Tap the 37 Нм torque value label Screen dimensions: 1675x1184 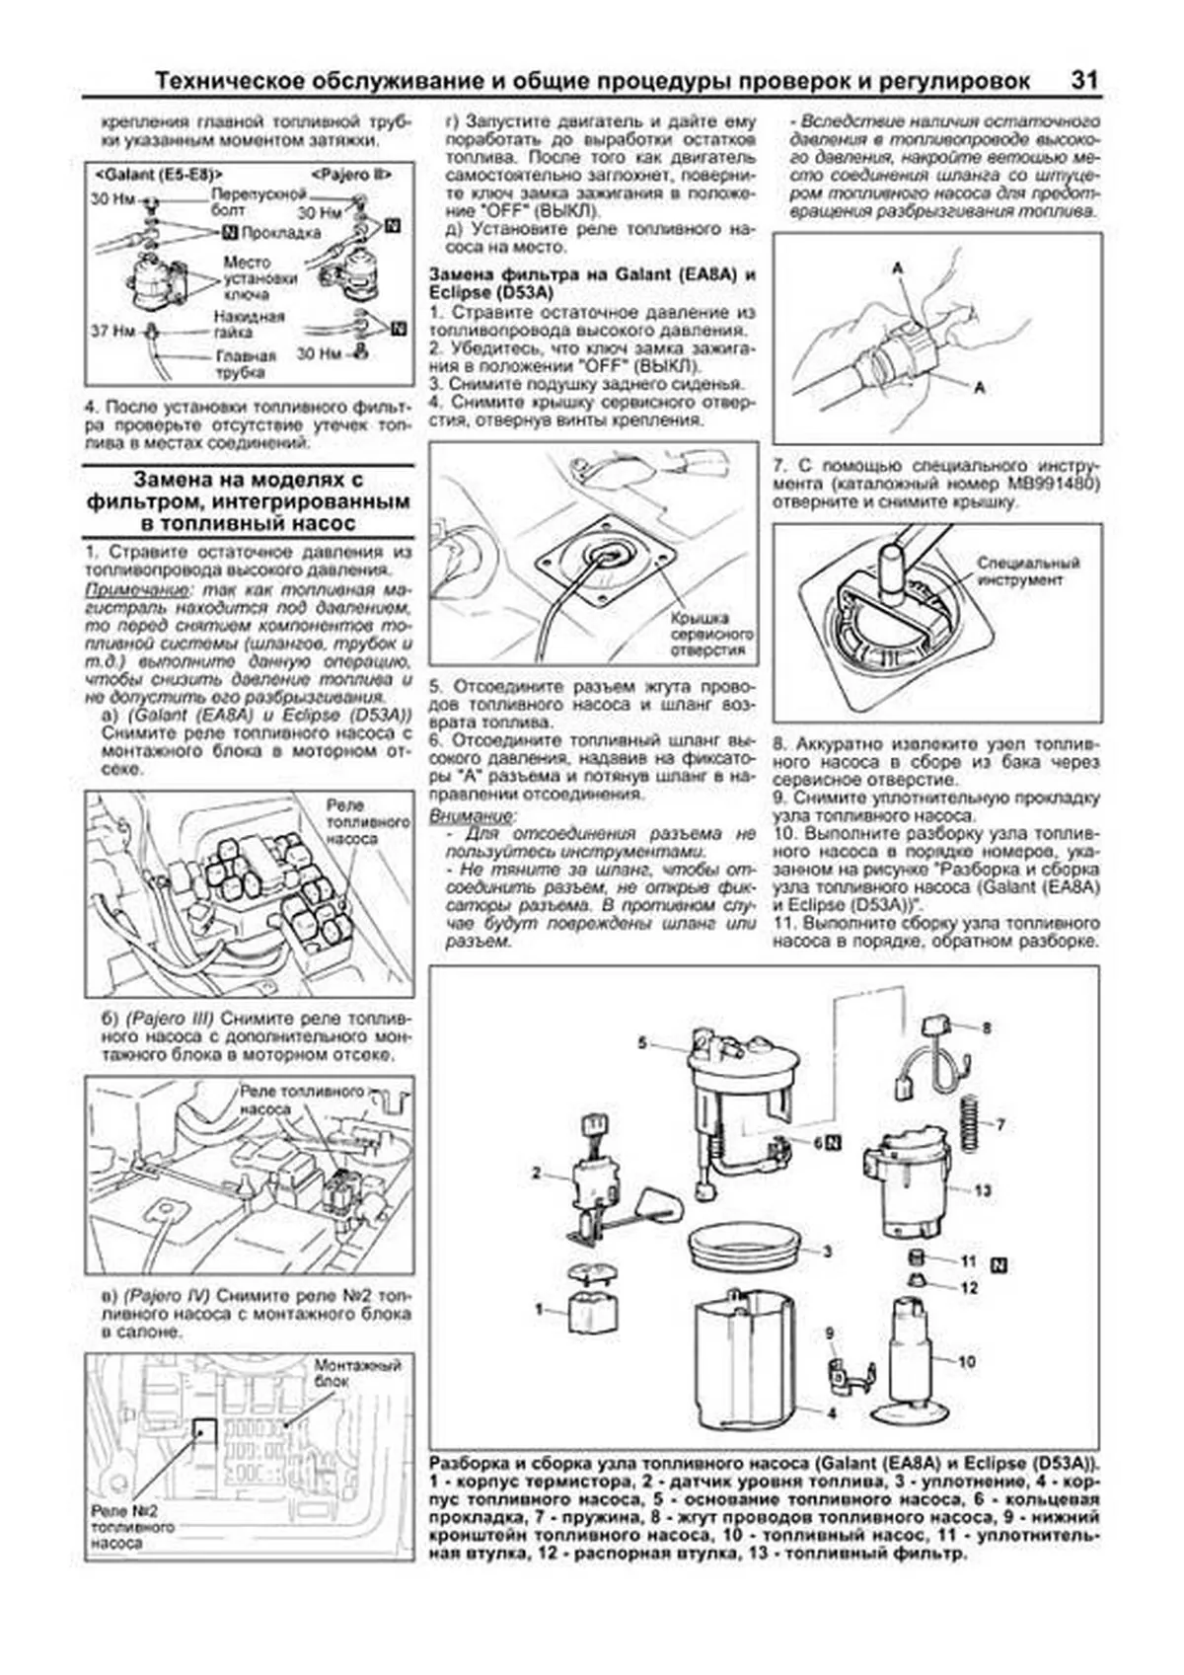pos(111,331)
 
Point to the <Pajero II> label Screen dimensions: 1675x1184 pos(351,175)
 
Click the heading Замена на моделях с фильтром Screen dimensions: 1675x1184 pos(248,501)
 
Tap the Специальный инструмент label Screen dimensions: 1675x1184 pos(1019,571)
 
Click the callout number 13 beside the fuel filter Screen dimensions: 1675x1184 pos(983,1190)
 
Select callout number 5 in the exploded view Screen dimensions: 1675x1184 pos(641,1042)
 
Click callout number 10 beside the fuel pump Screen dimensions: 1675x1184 pos(967,1362)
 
